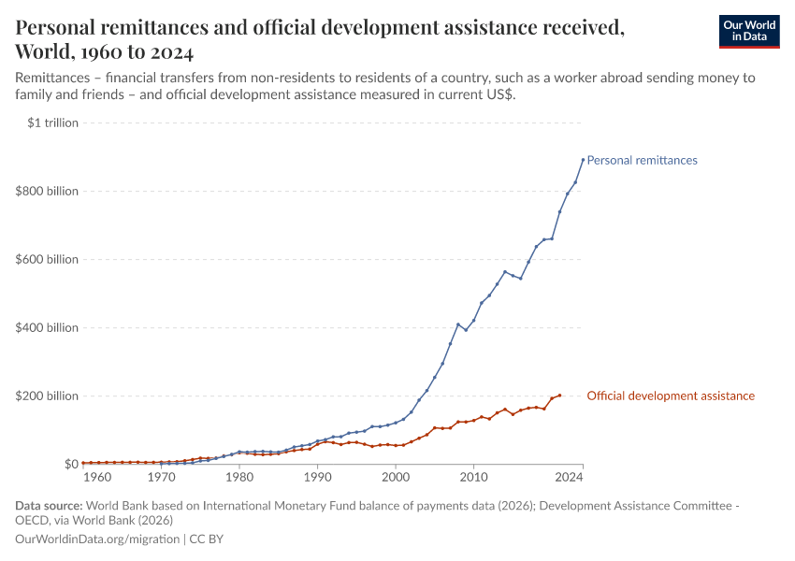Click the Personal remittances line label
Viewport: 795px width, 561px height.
[x=642, y=160]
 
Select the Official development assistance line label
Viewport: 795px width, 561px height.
[x=670, y=396]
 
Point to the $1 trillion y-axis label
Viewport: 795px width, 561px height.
[x=52, y=122]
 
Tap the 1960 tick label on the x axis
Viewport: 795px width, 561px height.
[x=97, y=477]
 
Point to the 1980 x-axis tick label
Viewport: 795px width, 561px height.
[x=239, y=477]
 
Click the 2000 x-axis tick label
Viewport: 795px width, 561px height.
[x=396, y=477]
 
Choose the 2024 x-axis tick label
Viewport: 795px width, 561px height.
[x=570, y=477]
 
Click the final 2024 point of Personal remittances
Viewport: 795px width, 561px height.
[x=583, y=159]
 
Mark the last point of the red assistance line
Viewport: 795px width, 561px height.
[x=559, y=396]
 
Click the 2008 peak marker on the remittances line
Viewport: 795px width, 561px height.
[x=458, y=324]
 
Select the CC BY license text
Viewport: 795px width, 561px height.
[x=207, y=539]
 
